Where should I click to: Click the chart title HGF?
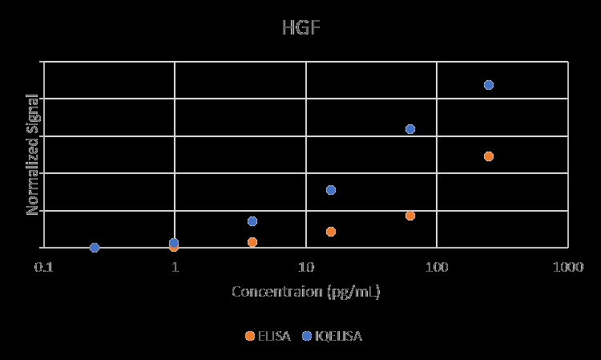pyautogui.click(x=300, y=29)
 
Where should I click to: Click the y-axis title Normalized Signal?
pyautogui.click(x=34, y=154)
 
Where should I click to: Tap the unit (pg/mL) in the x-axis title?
pyautogui.click(x=353, y=292)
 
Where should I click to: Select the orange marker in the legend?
pyautogui.click(x=250, y=336)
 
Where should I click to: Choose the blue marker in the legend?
pyautogui.click(x=306, y=336)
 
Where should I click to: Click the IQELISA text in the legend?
pyautogui.click(x=338, y=336)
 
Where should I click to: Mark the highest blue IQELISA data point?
pyautogui.click(x=489, y=84)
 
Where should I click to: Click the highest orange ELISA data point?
pyautogui.click(x=489, y=156)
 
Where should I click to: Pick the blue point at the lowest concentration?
pyautogui.click(x=95, y=248)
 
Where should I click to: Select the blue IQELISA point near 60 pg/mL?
pyautogui.click(x=410, y=129)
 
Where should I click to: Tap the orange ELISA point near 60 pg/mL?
pyautogui.click(x=410, y=216)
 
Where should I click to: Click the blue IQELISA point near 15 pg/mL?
pyautogui.click(x=331, y=190)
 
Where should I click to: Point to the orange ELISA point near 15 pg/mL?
pyautogui.click(x=331, y=232)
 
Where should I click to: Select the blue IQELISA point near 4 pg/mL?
pyautogui.click(x=252, y=221)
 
